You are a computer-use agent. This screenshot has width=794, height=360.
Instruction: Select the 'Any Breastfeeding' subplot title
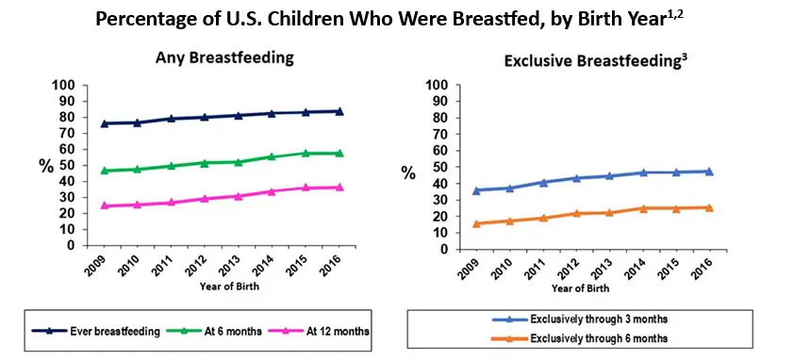click(224, 58)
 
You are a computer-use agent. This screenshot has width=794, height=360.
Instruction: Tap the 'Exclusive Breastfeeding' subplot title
click(595, 61)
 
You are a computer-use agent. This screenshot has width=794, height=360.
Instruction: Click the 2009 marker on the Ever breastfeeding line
click(104, 123)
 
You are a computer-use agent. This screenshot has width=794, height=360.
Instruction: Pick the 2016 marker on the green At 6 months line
click(339, 153)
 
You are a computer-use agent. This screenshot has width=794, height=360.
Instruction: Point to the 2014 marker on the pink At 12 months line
click(272, 191)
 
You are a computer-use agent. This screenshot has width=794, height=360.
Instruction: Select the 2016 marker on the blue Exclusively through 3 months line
click(708, 172)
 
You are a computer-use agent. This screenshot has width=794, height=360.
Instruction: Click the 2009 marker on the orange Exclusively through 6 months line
click(475, 223)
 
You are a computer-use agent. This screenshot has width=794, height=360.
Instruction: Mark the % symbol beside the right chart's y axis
click(407, 172)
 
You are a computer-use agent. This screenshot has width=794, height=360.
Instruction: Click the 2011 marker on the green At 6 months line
click(171, 166)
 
